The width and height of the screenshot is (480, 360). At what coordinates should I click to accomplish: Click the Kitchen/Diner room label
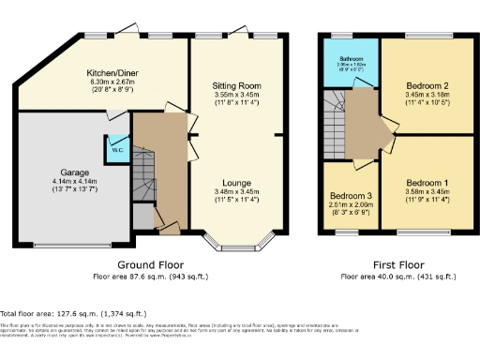(113, 72)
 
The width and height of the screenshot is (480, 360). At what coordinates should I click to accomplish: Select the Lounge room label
(236, 182)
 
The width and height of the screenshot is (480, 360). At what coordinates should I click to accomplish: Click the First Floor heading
(398, 265)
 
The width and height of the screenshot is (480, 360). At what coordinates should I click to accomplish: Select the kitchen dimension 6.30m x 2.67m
(113, 82)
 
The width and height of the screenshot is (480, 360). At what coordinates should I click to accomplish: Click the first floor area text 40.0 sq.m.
(398, 277)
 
